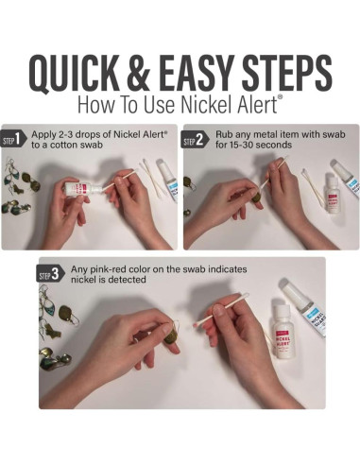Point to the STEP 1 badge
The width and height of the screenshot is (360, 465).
click(12, 141)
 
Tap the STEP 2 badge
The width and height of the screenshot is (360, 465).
click(195, 141)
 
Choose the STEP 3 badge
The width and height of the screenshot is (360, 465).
click(49, 275)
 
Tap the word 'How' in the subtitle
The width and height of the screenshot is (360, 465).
click(96, 103)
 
